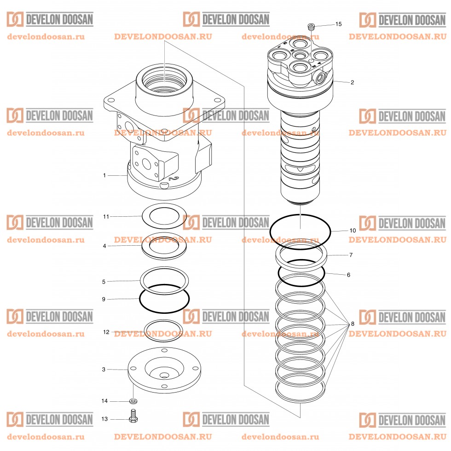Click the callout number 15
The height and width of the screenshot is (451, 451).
339,24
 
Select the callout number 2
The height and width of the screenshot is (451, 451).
352,83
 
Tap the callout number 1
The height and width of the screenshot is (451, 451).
104,175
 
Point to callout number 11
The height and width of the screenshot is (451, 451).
106,216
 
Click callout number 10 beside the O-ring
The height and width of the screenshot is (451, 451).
353,230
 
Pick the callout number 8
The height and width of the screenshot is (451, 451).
353,324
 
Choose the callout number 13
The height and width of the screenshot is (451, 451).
104,419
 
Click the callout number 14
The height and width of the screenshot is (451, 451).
104,401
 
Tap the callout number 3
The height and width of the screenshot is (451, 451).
104,369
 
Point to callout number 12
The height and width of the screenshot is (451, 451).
106,332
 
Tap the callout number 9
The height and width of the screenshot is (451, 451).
104,299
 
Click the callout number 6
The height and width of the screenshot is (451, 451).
348,275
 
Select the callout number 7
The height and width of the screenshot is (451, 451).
351,254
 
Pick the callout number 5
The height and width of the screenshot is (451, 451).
104,281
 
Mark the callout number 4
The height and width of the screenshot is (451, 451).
104,246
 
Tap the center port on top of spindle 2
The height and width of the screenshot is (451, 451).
301,56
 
